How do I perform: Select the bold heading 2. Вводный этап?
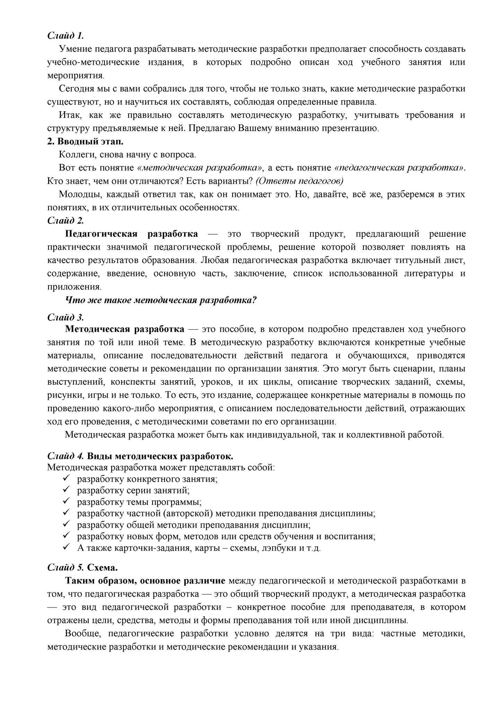pos(85,141)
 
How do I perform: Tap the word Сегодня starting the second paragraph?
pos(76,89)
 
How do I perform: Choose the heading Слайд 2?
pos(66,220)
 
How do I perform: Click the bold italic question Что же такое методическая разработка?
pos(161,300)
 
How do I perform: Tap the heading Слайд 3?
pos(66,317)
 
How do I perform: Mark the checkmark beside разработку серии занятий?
pos(67,490)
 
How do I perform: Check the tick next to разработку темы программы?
pos(67,501)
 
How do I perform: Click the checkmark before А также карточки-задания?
pos(67,547)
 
